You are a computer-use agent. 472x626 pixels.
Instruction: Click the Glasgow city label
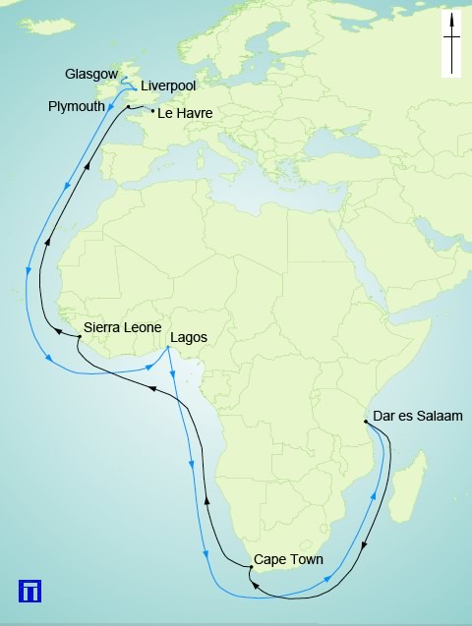(91, 74)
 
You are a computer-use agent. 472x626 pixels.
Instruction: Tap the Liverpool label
(170, 86)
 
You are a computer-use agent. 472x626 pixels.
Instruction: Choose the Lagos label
(189, 338)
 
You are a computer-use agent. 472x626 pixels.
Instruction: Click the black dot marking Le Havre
(152, 111)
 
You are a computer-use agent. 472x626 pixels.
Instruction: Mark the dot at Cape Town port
(251, 567)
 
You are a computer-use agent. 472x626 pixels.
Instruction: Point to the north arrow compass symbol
(452, 45)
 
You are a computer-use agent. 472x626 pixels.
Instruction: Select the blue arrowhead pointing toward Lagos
(148, 366)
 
